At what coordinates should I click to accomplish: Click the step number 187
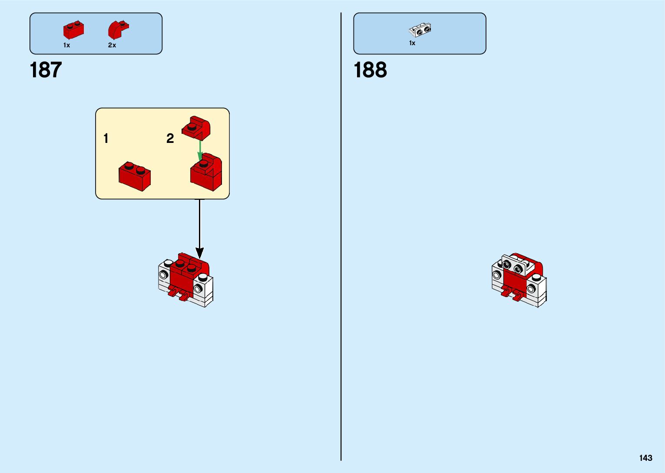(x=46, y=70)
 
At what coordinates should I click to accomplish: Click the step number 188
(x=370, y=70)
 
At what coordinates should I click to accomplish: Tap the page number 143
(x=645, y=458)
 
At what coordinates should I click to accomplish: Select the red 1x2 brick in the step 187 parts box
(x=73, y=30)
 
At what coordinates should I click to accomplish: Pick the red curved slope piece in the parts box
(x=118, y=30)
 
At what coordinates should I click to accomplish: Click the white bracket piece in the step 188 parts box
(x=420, y=30)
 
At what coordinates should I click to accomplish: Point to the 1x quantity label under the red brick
(x=66, y=45)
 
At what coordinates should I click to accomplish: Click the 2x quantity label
(x=112, y=45)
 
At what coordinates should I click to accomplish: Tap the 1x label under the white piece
(x=412, y=43)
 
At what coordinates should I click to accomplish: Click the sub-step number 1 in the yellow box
(x=106, y=139)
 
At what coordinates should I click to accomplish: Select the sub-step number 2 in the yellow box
(x=170, y=139)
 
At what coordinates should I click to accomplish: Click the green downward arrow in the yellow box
(x=200, y=150)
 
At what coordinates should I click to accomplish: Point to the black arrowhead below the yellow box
(x=199, y=252)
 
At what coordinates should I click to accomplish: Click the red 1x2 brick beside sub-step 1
(x=135, y=176)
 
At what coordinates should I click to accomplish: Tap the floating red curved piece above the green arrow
(x=196, y=127)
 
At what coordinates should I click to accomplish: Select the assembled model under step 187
(x=186, y=280)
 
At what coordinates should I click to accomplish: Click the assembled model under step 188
(x=519, y=280)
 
